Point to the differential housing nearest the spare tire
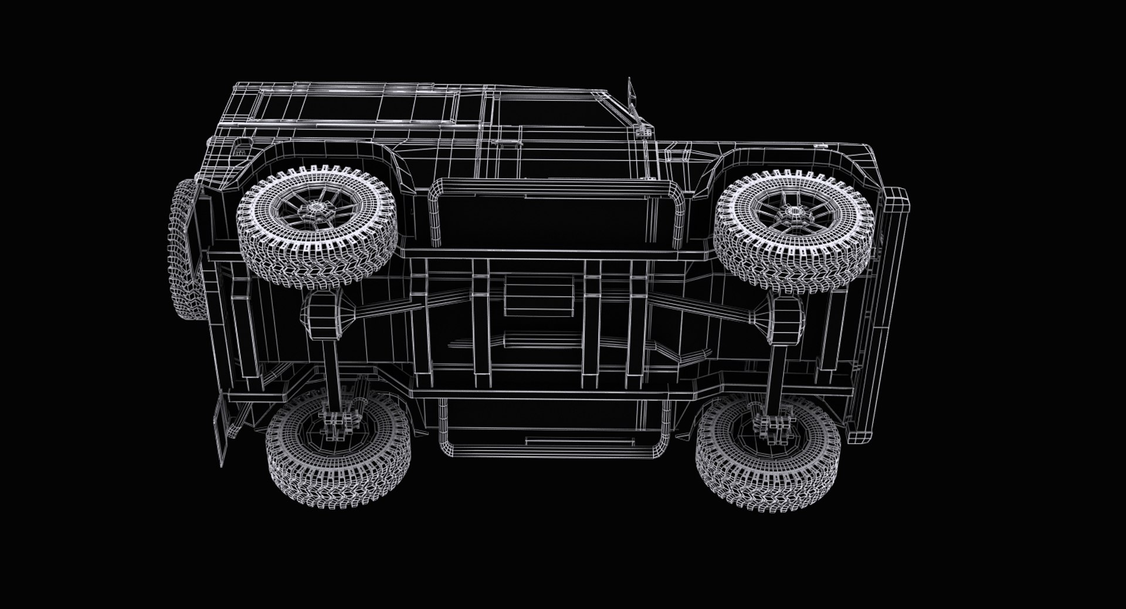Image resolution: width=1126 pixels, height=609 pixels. click(324, 317)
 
